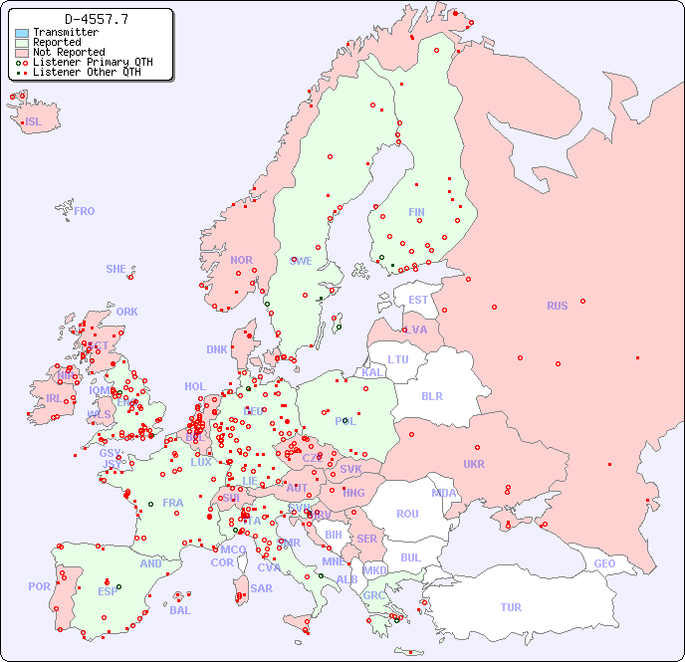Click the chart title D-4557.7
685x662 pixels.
point(96,19)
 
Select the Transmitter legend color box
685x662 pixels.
point(22,33)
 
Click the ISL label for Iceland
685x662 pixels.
point(34,122)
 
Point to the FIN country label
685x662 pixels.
point(416,212)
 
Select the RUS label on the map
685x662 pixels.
point(557,306)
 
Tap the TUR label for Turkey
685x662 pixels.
point(511,607)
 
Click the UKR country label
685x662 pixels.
point(474,464)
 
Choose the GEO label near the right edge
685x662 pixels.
point(604,563)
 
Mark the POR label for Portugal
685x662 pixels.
point(39,586)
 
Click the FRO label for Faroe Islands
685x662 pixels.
point(85,211)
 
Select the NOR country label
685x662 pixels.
point(241,260)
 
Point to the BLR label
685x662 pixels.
point(431,395)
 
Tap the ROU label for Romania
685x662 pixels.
point(407,514)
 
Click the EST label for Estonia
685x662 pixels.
point(418,300)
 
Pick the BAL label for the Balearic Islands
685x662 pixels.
point(179,610)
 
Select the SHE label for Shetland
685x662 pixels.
point(116,269)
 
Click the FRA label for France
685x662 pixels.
point(173,503)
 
